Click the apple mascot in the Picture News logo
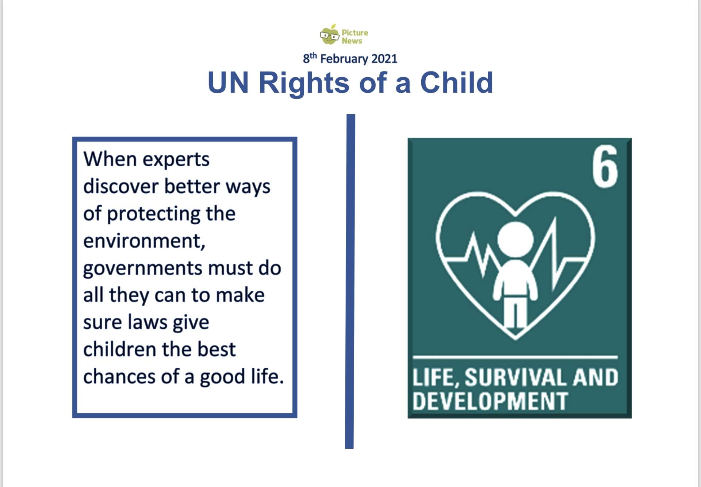click(330, 35)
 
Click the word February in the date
click(344, 59)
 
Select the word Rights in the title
click(304, 83)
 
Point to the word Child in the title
click(456, 82)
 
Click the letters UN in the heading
click(228, 82)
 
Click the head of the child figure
click(516, 239)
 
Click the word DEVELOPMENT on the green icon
click(490, 401)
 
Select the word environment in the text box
click(144, 241)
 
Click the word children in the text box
click(120, 349)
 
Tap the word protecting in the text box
click(153, 214)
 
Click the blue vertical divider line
click(350, 281)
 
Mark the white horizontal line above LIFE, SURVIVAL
click(515, 357)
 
